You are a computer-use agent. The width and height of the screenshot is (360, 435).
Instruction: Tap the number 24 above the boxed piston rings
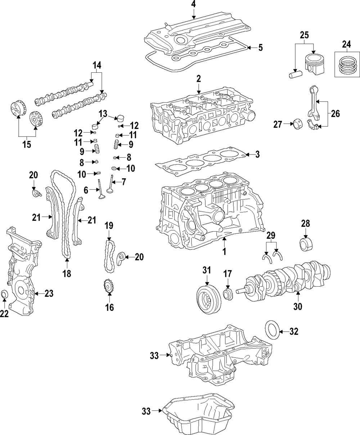tap(346, 45)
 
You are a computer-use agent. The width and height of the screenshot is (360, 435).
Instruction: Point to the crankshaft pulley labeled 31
tap(208, 299)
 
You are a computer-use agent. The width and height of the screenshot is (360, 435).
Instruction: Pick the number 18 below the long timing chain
tap(67, 274)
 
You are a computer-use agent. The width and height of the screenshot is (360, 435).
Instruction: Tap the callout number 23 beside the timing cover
tap(49, 293)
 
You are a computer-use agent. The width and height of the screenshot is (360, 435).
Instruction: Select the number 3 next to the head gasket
tap(257, 155)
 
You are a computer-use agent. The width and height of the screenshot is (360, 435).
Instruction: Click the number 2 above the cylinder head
tap(198, 78)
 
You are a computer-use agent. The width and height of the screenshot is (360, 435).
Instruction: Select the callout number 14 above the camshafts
tap(96, 66)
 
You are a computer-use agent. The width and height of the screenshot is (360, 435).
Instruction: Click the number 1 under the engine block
tap(224, 252)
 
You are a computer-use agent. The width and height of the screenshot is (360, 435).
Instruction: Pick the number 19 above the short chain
tap(109, 226)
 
